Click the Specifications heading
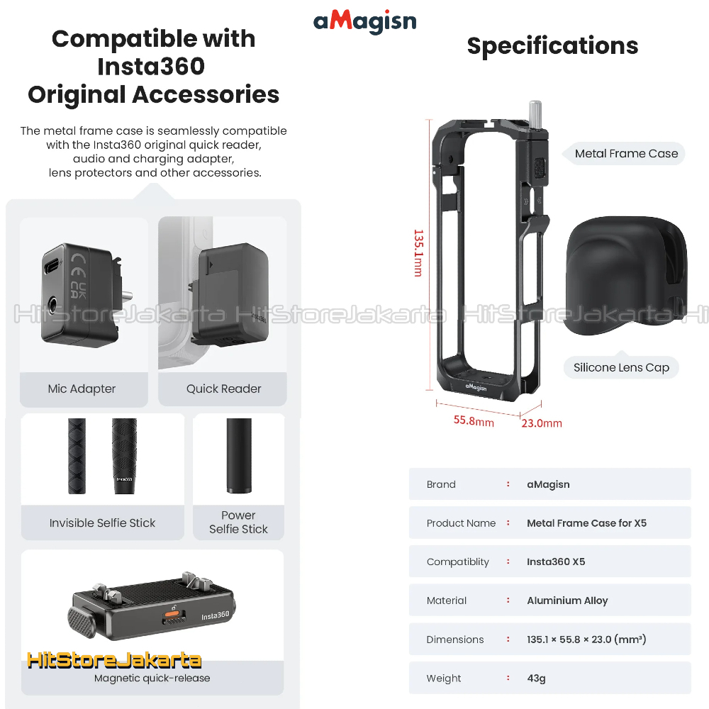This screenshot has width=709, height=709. [x=552, y=46]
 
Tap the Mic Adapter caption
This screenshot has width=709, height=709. [x=82, y=389]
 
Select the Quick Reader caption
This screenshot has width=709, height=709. [x=223, y=389]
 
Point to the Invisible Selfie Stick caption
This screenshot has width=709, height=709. [x=102, y=523]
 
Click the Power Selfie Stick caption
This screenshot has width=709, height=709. [x=238, y=523]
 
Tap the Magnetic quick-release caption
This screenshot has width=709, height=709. [x=152, y=678]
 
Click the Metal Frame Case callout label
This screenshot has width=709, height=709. [x=626, y=153]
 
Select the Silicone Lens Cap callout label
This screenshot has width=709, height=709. [x=621, y=367]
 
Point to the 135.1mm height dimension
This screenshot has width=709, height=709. [x=418, y=252]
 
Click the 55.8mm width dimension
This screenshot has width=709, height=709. [x=474, y=420]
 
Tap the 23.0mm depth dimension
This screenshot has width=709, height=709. [x=542, y=423]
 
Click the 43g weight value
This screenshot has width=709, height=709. [x=536, y=679]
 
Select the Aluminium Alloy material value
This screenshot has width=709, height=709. [x=567, y=601]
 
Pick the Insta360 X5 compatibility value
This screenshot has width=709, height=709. [x=556, y=562]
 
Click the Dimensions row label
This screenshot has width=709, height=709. [x=454, y=640]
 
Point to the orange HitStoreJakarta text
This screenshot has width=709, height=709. [x=114, y=661]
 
